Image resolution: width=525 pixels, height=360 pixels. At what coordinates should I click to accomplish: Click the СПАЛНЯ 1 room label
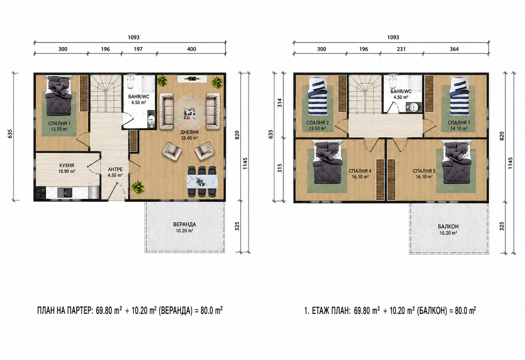coord(59,123)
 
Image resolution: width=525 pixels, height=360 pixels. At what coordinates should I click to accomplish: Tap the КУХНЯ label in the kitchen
coord(67,165)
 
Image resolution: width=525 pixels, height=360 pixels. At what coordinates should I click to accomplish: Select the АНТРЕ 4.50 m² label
coord(115,172)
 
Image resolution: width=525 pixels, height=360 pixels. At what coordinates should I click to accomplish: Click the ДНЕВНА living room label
coord(190,132)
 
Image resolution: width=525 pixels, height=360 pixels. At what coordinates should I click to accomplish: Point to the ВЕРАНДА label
coord(184,224)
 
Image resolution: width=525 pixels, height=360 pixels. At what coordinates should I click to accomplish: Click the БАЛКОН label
coord(448,226)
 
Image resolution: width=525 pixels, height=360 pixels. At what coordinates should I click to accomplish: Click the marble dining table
coord(202,181)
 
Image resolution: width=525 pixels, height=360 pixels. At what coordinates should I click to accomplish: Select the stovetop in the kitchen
coord(40,192)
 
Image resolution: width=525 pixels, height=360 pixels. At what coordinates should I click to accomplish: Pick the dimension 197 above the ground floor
coord(138,49)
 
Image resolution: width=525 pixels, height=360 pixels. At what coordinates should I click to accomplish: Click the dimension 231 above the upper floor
coord(401,49)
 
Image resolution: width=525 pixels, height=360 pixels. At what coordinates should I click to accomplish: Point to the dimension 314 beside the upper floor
coord(280,103)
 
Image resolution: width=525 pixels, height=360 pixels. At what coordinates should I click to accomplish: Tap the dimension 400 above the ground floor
coord(192,49)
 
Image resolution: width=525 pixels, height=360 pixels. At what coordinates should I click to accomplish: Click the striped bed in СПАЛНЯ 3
coord(459,96)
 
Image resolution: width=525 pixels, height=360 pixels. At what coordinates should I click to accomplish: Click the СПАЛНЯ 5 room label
coord(424,171)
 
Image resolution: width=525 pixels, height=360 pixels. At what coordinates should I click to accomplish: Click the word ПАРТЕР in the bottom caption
coord(79,311)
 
